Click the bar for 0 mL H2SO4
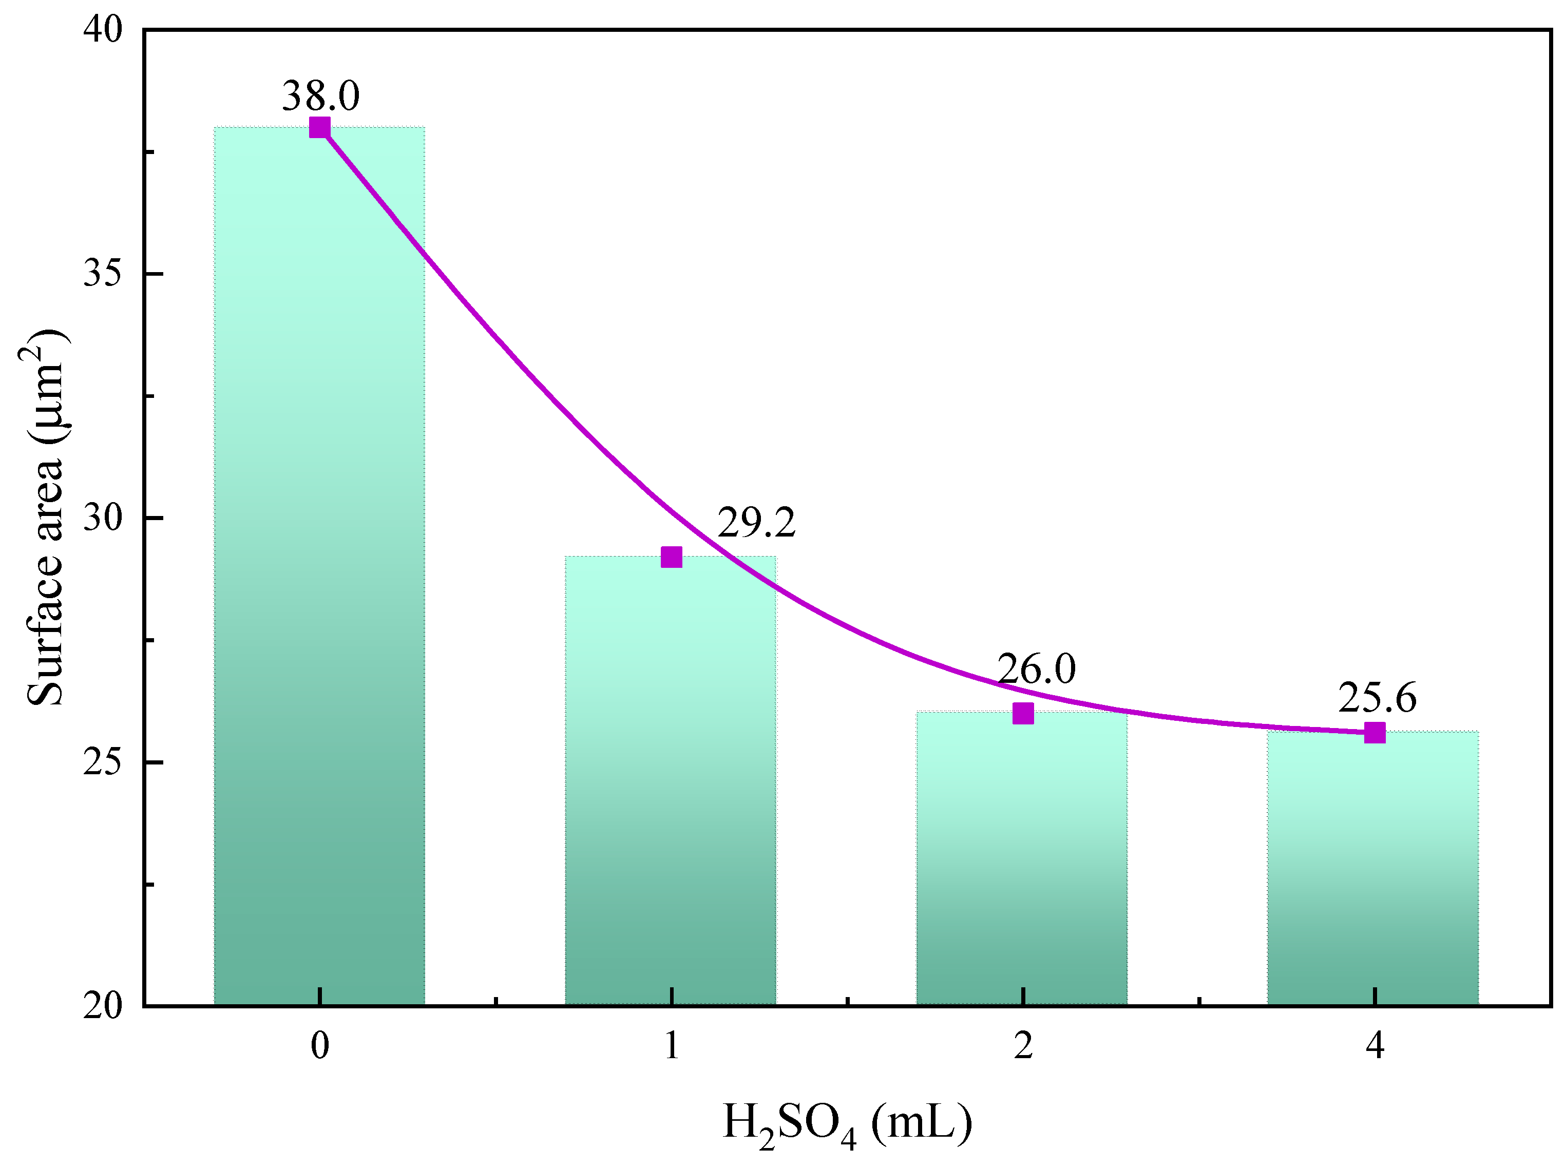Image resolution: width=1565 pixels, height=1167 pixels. pyautogui.click(x=319, y=565)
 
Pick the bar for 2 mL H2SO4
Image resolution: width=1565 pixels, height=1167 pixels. pyautogui.click(x=1022, y=858)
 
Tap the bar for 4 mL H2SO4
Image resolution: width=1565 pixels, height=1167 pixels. pyautogui.click(x=1373, y=868)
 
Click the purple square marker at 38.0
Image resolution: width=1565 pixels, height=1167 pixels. pyautogui.click(x=320, y=128)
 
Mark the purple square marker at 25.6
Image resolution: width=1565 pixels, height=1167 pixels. pyautogui.click(x=1374, y=733)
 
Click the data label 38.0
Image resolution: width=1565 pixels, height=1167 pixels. pyautogui.click(x=321, y=95)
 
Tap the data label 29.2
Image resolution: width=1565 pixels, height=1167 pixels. pyautogui.click(x=756, y=523)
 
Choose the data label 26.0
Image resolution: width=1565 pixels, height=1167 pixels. pyautogui.click(x=1037, y=668)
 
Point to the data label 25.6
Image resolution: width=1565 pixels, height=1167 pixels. pyautogui.click(x=1377, y=698)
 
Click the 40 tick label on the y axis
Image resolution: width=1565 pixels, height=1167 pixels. pyautogui.click(x=103, y=30)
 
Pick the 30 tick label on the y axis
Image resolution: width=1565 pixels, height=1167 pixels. pyautogui.click(x=103, y=518)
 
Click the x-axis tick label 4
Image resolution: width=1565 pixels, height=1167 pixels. pyautogui.click(x=1374, y=1045)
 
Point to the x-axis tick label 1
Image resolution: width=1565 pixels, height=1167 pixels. pyautogui.click(x=671, y=1045)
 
